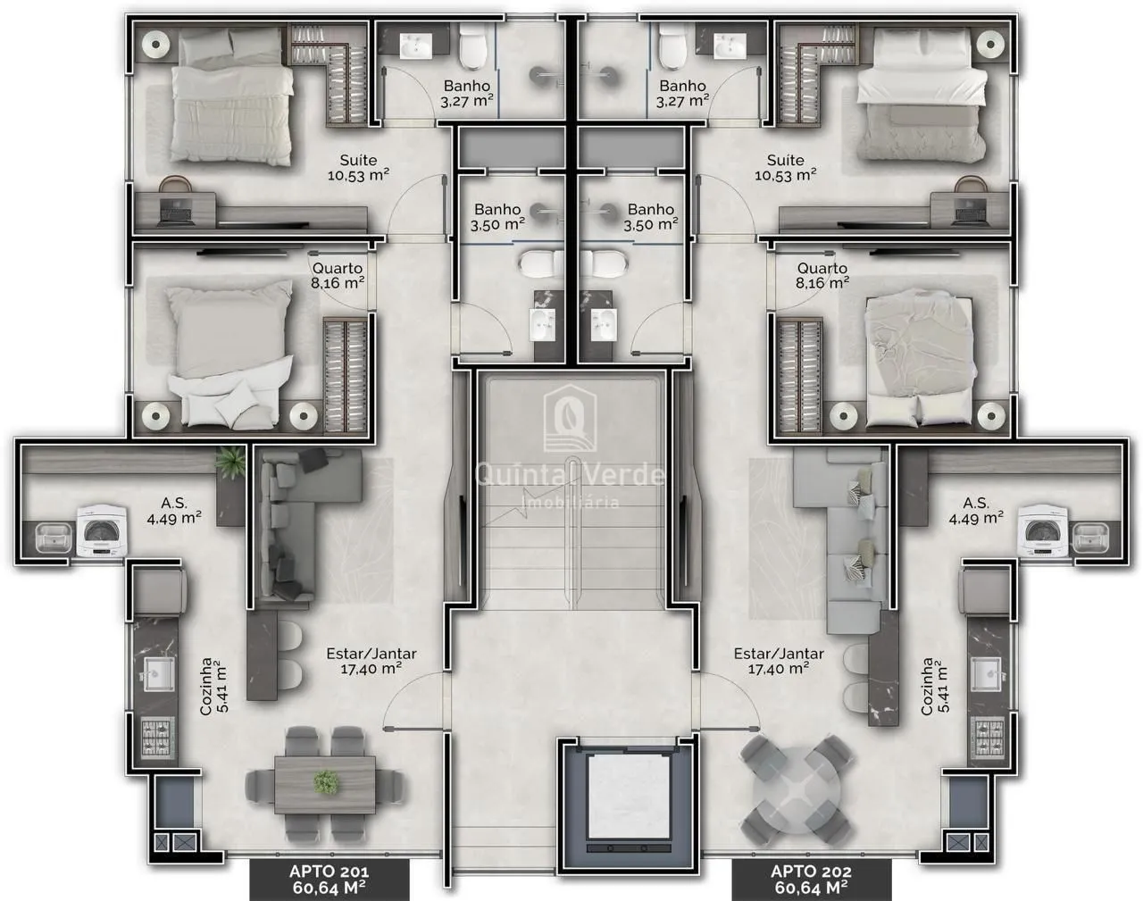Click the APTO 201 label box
[330, 880]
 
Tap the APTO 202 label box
[811, 880]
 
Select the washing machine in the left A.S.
[102, 531]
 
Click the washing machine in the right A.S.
[1042, 531]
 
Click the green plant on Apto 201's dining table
[326, 782]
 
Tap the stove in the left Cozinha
[158, 737]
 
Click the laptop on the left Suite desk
[175, 213]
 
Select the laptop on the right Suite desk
[970, 213]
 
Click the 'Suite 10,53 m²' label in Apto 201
[358, 168]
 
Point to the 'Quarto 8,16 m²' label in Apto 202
[822, 276]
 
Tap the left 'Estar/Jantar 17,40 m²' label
[371, 661]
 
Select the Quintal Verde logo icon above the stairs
[570, 418]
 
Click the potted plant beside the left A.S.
[230, 463]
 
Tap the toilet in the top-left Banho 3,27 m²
[472, 48]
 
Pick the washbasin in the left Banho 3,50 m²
[542, 325]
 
